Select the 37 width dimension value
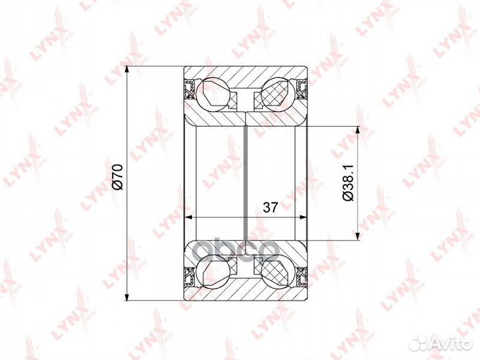point(270,207)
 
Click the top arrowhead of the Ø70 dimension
point(127,71)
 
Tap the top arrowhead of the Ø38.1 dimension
point(359,131)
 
